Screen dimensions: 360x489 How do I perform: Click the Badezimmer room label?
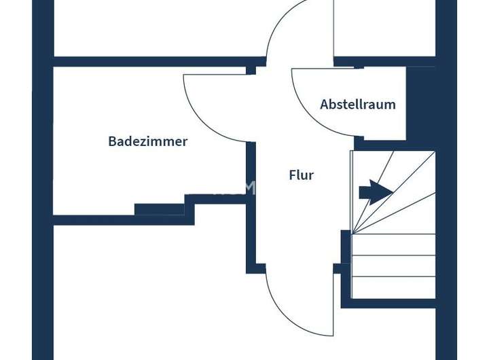coord(147,141)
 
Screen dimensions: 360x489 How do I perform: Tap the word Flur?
coord(301,175)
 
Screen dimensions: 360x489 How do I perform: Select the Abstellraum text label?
coord(357,105)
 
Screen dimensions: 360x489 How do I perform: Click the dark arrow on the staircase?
coord(376,192)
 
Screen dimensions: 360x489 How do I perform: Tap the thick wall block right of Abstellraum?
coord(420,102)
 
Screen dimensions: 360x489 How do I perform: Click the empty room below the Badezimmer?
coord(149,292)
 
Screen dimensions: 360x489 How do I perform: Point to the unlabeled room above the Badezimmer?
coord(156,27)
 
